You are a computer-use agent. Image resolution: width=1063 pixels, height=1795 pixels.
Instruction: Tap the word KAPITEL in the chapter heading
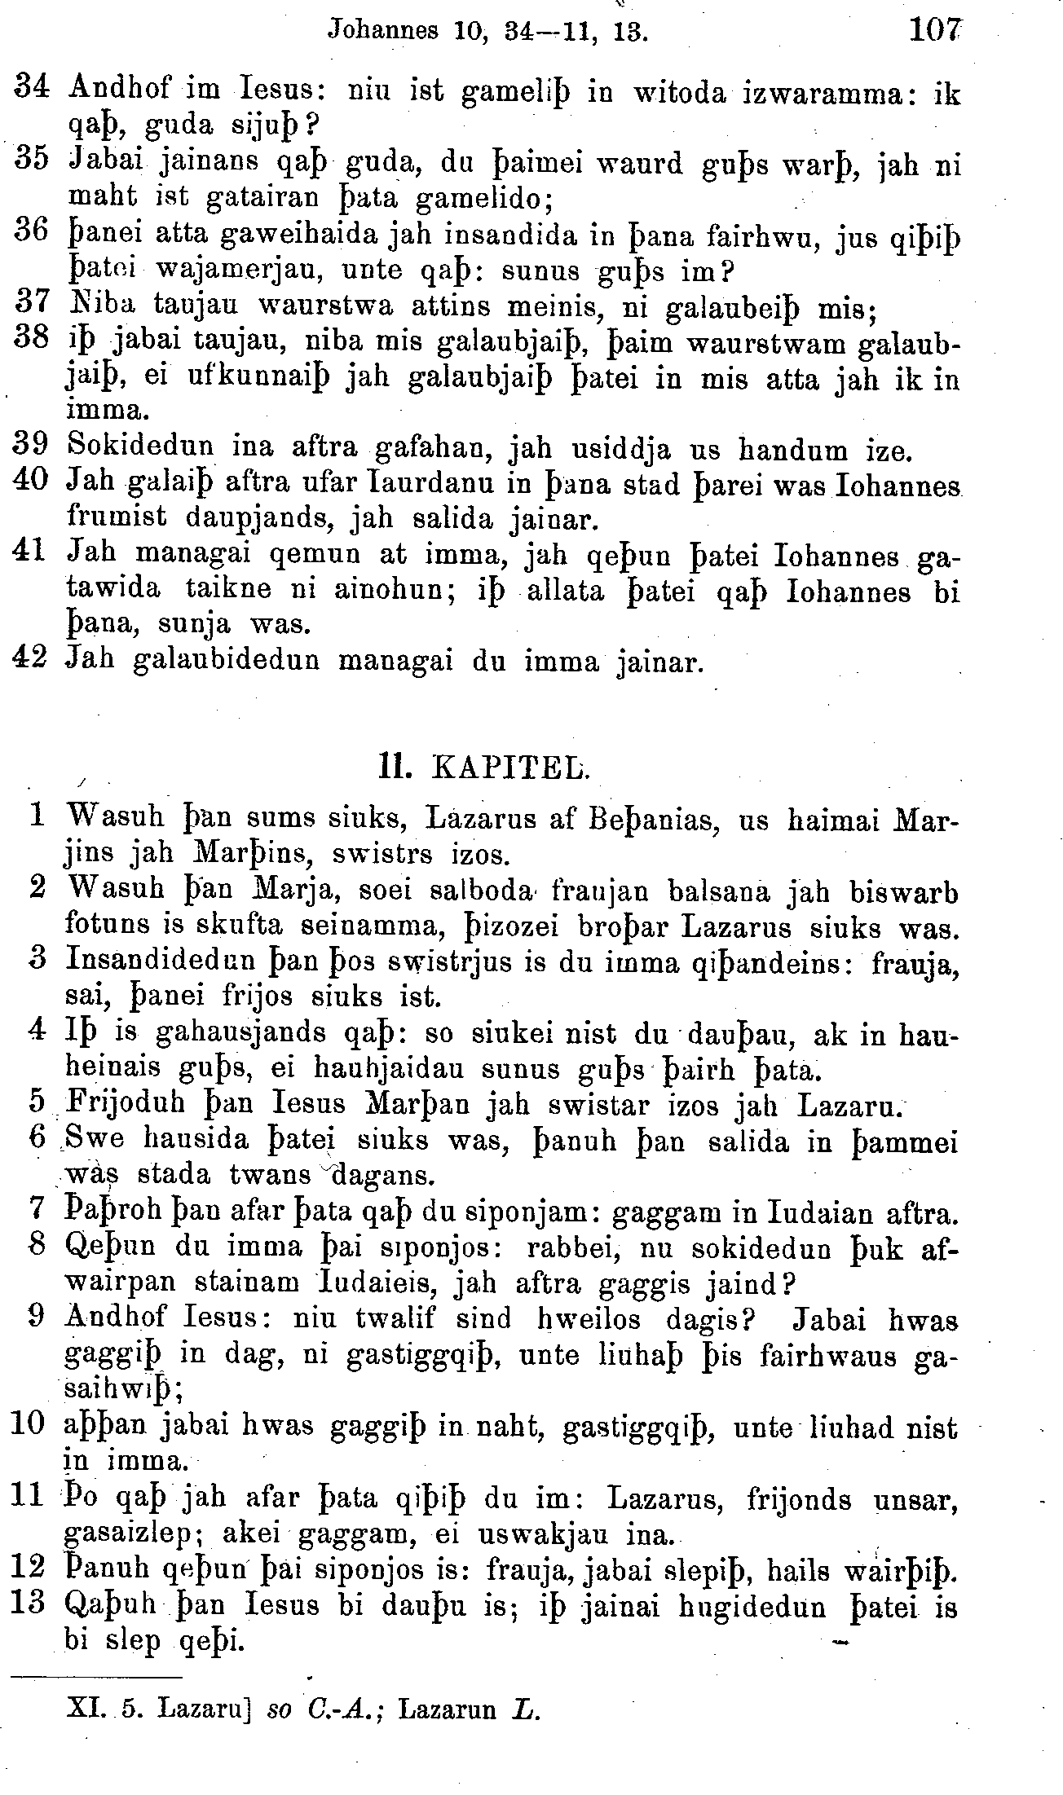click(x=509, y=768)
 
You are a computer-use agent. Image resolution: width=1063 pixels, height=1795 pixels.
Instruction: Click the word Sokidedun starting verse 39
click(x=141, y=447)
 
